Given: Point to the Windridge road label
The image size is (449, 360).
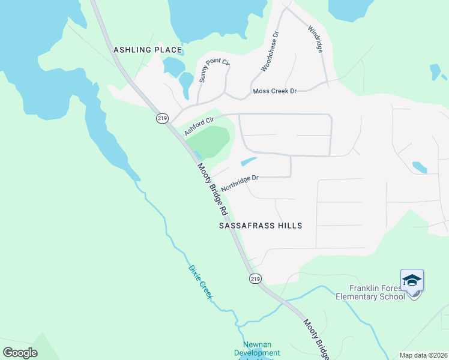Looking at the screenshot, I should tap(316, 40).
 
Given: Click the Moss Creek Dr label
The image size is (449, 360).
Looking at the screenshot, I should tap(275, 91).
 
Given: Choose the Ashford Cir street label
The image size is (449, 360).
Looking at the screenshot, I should tap(199, 127).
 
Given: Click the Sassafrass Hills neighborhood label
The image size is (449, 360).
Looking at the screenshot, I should tap(260, 226).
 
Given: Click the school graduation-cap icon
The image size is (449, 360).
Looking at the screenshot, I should tap(412, 281).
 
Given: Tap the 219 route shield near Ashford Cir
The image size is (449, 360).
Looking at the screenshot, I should tap(161, 119).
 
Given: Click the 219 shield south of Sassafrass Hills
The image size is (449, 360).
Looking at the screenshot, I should tap(255, 279).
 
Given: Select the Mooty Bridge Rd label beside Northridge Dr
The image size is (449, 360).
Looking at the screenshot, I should tap(212, 190).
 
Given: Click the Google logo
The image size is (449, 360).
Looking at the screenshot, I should tap(20, 352).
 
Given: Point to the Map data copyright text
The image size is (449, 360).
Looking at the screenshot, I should tap(423, 355).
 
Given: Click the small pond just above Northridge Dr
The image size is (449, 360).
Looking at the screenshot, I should tap(249, 161).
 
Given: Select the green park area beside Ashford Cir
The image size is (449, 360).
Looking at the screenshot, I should tap(210, 142).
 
